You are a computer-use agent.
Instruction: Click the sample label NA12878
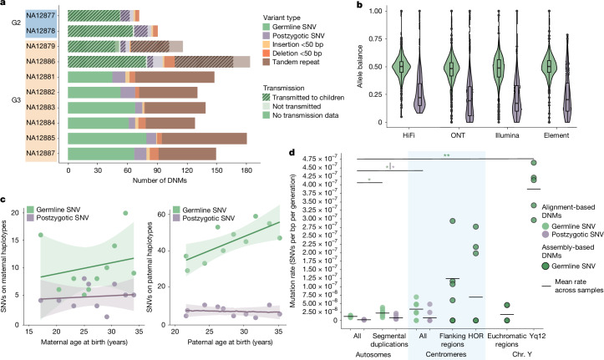pyautogui.click(x=41, y=31)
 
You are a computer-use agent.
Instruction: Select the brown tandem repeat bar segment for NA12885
pyautogui.click(x=205, y=138)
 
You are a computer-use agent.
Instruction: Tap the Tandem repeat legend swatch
pyautogui.click(x=266, y=62)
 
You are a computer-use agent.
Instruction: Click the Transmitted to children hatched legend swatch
pyautogui.click(x=266, y=98)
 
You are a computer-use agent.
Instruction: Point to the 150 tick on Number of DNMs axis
pyautogui.click(x=216, y=170)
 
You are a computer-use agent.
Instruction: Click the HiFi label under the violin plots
pyautogui.click(x=408, y=135)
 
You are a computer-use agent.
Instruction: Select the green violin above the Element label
pyautogui.click(x=550, y=66)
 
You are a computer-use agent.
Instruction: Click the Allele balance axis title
pyautogui.click(x=360, y=66)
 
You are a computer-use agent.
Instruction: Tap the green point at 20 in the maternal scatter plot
pyautogui.click(x=125, y=213)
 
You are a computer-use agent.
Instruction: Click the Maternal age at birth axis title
pyautogui.click(x=84, y=342)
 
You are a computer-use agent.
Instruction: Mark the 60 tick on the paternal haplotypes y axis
pyautogui.click(x=168, y=214)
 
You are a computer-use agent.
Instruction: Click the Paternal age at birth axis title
pyautogui.click(x=230, y=342)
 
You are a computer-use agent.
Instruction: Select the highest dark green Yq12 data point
pyautogui.click(x=534, y=163)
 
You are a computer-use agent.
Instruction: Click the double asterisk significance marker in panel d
pyautogui.click(x=446, y=155)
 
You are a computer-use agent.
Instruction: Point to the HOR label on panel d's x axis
pyautogui.click(x=475, y=336)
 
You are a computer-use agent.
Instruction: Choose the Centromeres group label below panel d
pyautogui.click(x=446, y=354)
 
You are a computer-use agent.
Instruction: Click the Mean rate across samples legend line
pyautogui.click(x=546, y=286)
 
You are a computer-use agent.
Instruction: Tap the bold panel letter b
pyautogui.click(x=360, y=5)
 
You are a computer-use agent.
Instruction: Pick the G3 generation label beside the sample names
pyautogui.click(x=16, y=100)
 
